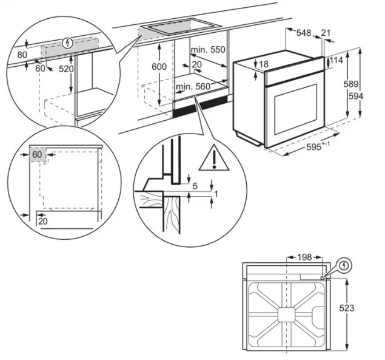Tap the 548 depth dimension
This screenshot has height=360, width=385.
pyautogui.click(x=303, y=33)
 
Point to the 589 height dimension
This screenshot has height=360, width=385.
pyautogui.click(x=357, y=84)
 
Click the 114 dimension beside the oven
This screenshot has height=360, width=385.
pyautogui.click(x=336, y=60)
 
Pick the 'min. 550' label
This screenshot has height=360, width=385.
pyautogui.click(x=207, y=49)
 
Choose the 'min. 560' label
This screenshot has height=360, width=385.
pyautogui.click(x=193, y=87)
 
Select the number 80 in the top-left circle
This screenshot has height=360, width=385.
pyautogui.click(x=22, y=55)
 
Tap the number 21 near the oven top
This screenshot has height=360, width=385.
pyautogui.click(x=326, y=33)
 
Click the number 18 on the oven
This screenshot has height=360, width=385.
pyautogui.click(x=263, y=64)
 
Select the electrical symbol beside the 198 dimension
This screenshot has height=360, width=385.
pyautogui.click(x=344, y=265)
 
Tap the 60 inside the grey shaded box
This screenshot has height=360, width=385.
pyautogui.click(x=37, y=155)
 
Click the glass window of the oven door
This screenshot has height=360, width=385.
pyautogui.click(x=295, y=109)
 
